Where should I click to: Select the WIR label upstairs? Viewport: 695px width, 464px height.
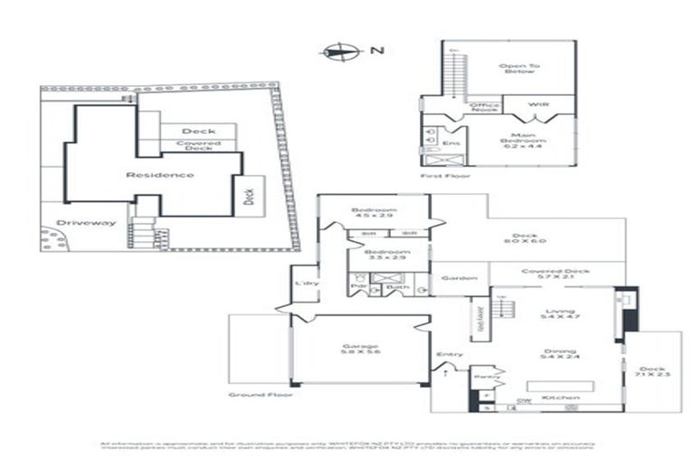(538, 105)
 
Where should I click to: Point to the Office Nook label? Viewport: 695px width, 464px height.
(486, 107)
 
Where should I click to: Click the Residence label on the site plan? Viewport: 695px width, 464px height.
(159, 174)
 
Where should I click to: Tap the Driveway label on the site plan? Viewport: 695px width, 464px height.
(86, 222)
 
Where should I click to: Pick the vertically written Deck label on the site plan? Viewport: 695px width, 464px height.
(250, 197)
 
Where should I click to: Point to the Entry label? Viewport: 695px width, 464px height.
(449, 354)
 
